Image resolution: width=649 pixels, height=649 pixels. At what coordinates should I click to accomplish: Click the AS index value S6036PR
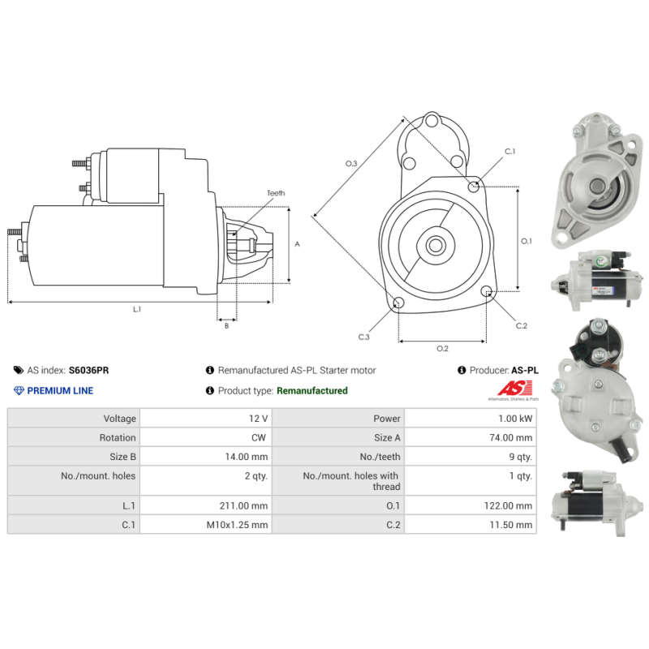point(88,370)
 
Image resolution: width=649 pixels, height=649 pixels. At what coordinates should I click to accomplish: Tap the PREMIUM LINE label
point(60,391)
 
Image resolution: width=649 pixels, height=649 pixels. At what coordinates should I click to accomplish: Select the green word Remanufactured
point(312,391)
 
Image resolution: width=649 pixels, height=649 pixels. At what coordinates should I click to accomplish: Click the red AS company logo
point(515,389)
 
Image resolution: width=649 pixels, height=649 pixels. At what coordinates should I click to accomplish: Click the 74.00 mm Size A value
point(511,437)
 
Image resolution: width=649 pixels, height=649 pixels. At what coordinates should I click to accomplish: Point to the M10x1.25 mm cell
point(237,525)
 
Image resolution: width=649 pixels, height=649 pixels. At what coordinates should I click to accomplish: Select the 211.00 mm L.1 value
point(243,505)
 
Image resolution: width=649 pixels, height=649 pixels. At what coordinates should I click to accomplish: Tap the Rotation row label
point(118,437)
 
